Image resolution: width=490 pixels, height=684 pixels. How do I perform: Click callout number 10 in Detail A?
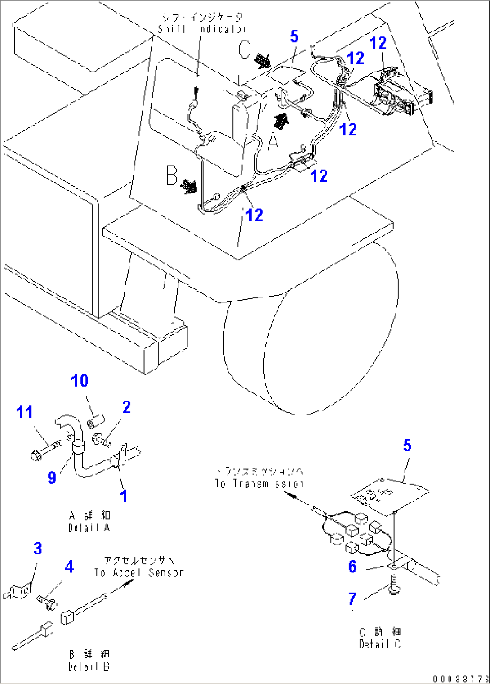point(80,381)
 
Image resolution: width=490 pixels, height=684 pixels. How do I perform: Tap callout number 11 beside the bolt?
point(25,412)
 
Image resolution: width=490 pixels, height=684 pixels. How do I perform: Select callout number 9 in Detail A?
point(52,477)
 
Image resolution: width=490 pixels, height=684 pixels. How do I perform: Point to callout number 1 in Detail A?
point(124,496)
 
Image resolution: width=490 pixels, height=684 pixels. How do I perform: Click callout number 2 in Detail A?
point(126,407)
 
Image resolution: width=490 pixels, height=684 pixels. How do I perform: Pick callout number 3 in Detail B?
point(38,549)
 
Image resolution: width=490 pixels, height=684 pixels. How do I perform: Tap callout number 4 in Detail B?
point(69,567)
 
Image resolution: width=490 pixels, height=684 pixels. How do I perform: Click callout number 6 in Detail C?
point(352,567)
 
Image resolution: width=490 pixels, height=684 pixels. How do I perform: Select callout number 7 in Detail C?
point(352,599)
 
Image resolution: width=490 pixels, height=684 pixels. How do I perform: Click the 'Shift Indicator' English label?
point(202,29)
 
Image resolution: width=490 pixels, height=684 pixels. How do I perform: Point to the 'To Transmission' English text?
point(259,484)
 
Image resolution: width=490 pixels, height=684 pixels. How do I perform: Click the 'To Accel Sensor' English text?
point(139,573)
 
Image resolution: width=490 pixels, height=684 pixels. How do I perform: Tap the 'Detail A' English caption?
point(89,528)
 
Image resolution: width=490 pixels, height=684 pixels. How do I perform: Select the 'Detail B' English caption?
point(89,666)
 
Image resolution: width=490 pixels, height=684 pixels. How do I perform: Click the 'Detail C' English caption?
point(380,644)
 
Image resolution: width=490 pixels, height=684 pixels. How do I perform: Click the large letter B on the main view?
point(172,175)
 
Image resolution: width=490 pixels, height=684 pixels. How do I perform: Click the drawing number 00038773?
point(461,679)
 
